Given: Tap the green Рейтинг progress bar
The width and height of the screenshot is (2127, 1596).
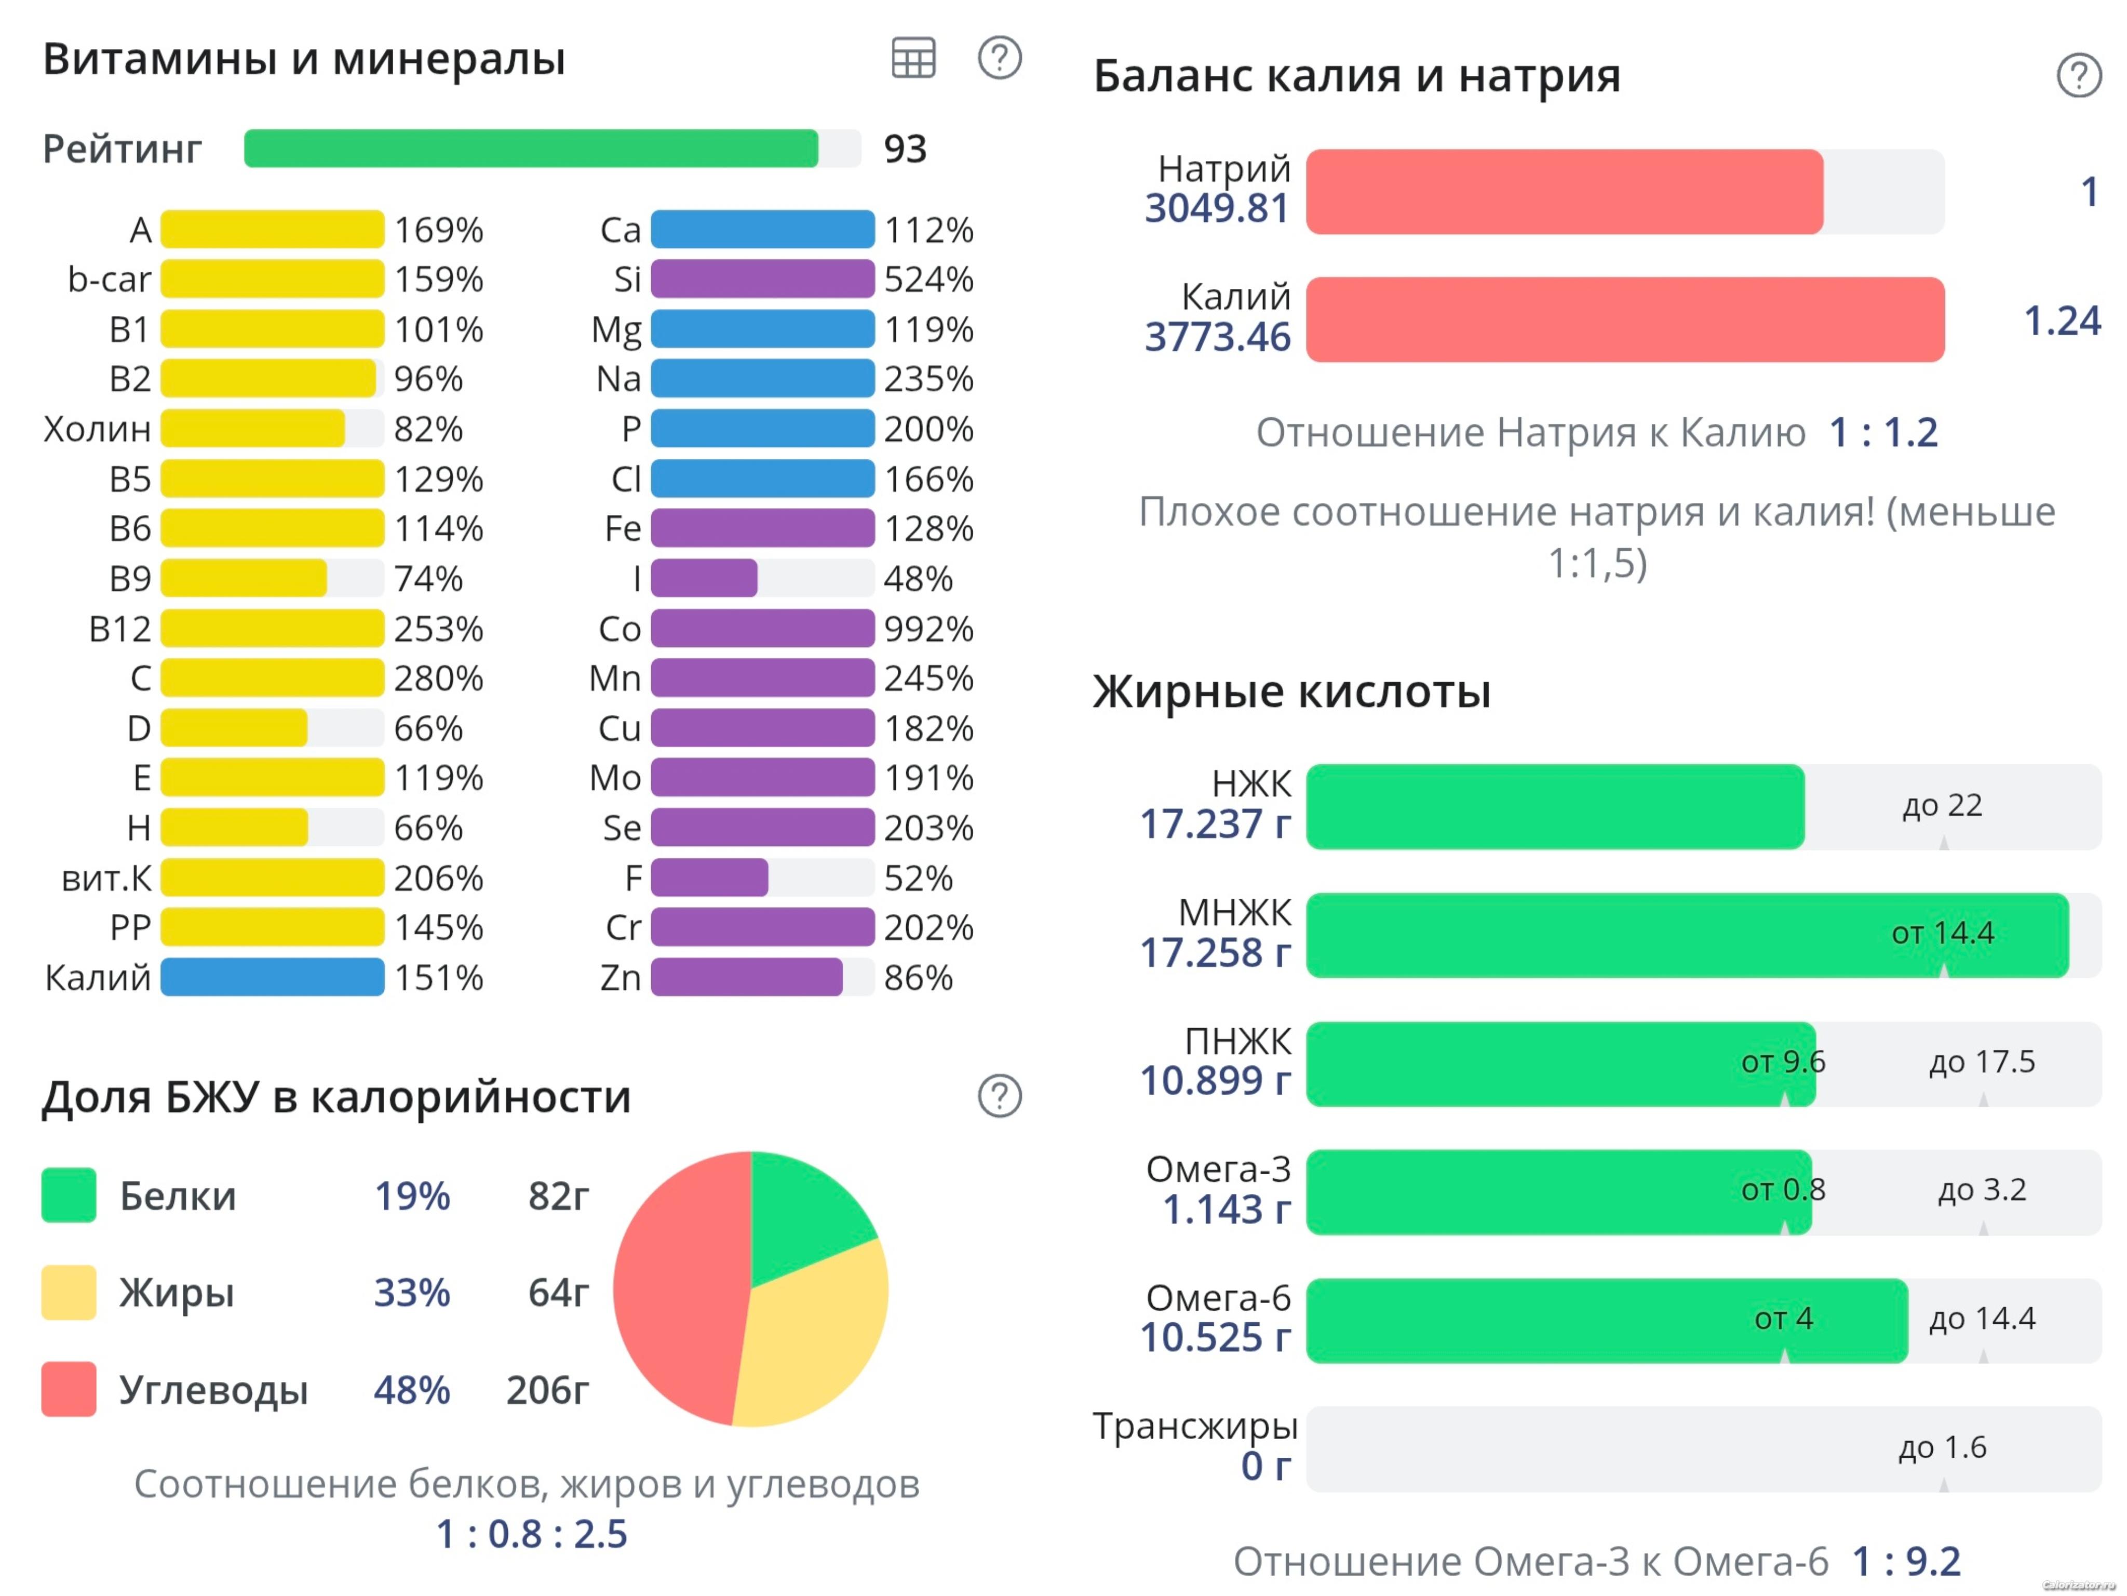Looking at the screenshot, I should coord(531,148).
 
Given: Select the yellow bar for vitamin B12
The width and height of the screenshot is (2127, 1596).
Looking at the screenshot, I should coord(272,628).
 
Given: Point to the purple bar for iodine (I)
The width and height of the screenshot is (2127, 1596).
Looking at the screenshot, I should coord(704,578).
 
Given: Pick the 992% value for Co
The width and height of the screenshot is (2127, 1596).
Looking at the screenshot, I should coord(928,628).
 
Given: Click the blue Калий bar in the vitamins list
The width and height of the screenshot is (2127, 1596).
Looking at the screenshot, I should coord(272,977).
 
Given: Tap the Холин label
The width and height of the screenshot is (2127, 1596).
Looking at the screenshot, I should coord(97,429).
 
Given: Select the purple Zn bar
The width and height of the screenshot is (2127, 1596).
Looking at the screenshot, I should coord(746,977).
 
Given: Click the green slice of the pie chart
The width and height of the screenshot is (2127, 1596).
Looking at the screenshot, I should coord(803,1212).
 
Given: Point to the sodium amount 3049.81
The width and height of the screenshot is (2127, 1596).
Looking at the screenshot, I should coord(1216,208).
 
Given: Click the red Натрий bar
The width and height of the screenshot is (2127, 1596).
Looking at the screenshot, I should coord(1564,191).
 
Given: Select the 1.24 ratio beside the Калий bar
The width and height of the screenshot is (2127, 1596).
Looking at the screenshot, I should coord(2062,321).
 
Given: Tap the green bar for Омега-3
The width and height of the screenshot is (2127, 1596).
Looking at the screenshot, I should coord(1558,1192).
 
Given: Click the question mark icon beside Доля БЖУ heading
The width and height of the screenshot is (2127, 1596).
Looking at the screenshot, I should coord(999,1096).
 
